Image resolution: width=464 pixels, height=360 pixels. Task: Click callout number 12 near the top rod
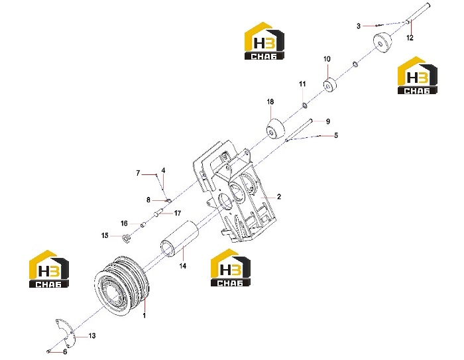click(410, 38)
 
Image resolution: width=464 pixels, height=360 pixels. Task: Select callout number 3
click(359, 26)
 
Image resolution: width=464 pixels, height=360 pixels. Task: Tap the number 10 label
click(327, 59)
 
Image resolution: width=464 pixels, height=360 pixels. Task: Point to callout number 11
click(302, 84)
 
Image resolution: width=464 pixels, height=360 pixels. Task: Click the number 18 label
click(270, 102)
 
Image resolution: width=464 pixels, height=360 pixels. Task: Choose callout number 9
click(327, 121)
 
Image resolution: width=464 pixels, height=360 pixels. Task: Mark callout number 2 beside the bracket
click(279, 197)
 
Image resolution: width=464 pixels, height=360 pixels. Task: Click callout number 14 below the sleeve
click(183, 266)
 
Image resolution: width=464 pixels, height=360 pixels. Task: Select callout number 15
click(105, 235)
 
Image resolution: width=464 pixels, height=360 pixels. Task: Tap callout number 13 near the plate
click(92, 335)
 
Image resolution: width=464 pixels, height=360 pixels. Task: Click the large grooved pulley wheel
click(121, 284)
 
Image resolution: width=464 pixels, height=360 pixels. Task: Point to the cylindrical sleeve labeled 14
click(179, 238)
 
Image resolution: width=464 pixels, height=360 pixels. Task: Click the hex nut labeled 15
click(127, 238)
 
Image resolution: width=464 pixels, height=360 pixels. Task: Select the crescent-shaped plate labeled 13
click(66, 333)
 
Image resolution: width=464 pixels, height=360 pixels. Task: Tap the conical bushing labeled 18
click(275, 129)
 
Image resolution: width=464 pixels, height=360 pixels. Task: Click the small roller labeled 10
click(329, 85)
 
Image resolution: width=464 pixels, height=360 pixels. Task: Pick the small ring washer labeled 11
click(304, 105)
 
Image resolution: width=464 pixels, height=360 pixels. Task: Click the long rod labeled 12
click(418, 13)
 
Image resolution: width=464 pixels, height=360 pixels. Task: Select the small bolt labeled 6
click(48, 351)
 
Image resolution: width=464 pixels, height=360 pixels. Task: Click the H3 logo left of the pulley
click(49, 269)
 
